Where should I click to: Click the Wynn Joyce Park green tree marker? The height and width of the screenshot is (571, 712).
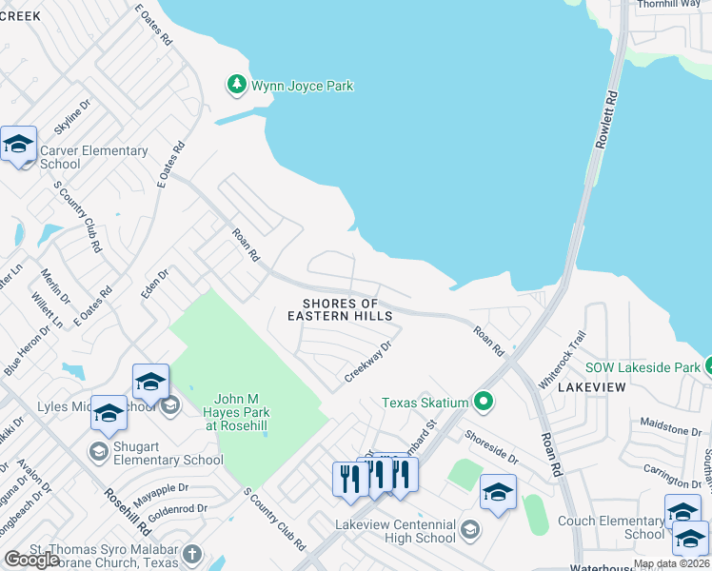(237, 86)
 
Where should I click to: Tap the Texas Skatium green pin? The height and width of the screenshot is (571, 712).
(485, 403)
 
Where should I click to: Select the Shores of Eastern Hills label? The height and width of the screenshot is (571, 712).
(340, 309)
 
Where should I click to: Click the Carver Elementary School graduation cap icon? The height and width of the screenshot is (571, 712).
(19, 146)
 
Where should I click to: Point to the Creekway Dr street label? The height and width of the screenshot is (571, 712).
(368, 363)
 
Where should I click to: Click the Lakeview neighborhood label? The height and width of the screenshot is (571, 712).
(591, 387)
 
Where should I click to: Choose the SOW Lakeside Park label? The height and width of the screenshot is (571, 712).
(642, 367)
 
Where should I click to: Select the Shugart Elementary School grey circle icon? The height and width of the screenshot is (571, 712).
(97, 450)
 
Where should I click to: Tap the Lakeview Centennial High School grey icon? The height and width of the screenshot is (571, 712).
(469, 528)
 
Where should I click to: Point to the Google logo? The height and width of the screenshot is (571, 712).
(31, 560)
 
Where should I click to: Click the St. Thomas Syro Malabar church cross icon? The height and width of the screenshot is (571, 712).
(192, 554)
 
